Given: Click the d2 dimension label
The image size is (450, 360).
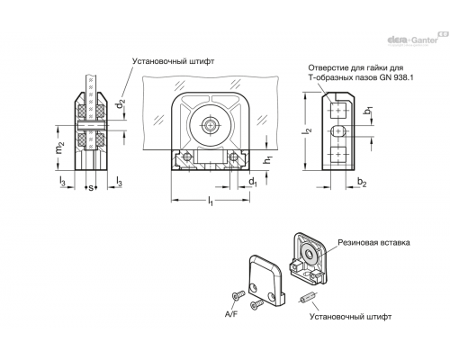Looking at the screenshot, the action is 120,104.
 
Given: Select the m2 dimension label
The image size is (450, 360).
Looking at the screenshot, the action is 60,148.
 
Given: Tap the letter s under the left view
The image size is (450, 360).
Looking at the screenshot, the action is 91,188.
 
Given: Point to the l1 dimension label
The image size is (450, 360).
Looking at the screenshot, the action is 211,201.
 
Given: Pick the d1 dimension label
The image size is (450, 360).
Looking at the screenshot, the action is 253,182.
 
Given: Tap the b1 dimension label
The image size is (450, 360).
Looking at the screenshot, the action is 368,111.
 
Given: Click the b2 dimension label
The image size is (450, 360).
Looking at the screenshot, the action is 362,182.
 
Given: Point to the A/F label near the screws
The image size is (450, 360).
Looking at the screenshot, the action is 231,314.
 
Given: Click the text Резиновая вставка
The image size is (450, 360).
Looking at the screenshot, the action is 373,242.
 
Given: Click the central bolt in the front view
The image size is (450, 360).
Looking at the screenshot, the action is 210,124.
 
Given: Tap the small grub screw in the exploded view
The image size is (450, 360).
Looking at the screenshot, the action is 306,298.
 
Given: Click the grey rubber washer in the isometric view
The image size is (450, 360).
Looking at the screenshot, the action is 309,254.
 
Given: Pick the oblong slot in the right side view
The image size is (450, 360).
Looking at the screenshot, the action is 338,130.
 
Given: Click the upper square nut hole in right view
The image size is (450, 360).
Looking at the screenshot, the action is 338,110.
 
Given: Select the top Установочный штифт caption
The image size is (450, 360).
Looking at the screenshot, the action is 174,61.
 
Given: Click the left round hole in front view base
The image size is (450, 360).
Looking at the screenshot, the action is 187,157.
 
